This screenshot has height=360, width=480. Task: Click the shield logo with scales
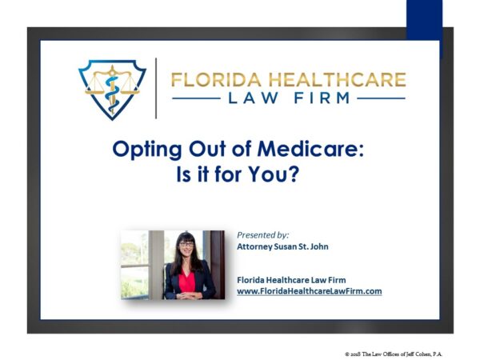[x=112, y=90]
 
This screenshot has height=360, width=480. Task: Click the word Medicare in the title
[x=310, y=149]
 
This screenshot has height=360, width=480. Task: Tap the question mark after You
[x=294, y=174]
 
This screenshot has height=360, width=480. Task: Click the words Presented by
[x=263, y=235]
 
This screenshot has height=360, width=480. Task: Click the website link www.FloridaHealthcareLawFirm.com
[x=310, y=291]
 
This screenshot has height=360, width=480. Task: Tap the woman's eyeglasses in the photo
[x=186, y=244]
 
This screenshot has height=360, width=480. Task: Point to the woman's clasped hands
[x=186, y=296]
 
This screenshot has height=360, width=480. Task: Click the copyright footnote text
[x=394, y=354]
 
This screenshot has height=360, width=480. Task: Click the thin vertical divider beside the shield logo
[x=156, y=88]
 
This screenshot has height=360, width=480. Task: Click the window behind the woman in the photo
[x=134, y=265]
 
